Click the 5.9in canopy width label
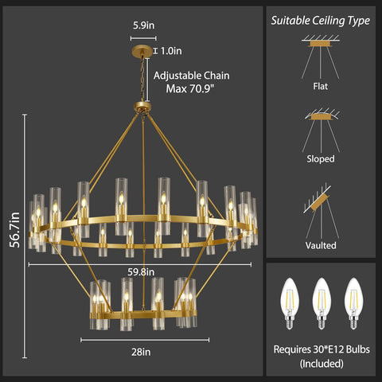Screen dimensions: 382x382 click(143, 25)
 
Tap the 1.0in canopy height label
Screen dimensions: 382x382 click(171, 51)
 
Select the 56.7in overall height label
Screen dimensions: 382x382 click(14, 230)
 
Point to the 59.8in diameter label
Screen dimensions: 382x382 click(141, 272)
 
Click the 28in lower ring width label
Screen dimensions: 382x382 click(141, 352)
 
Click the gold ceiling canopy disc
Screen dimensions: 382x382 click(142, 51)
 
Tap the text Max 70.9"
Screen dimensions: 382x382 click(189, 88)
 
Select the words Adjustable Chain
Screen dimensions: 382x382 click(192, 76)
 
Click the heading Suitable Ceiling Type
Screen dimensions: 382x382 click(321, 21)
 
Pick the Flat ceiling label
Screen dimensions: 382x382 click(320, 86)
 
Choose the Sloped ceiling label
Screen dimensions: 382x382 click(321, 159)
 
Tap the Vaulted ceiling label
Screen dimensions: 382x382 click(321, 245)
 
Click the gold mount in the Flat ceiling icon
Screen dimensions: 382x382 click(320, 44)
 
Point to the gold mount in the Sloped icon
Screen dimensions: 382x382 click(321, 117)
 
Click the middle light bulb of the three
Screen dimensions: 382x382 click(322, 303)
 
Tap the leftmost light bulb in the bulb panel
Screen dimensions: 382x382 click(290, 303)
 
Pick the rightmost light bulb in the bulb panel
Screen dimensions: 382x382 click(353, 303)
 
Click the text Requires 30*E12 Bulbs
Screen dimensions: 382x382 click(322, 349)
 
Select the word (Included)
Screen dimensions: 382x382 click(322, 364)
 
